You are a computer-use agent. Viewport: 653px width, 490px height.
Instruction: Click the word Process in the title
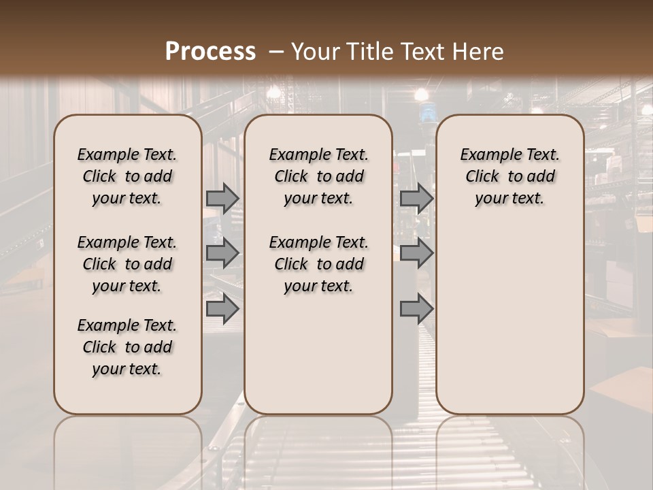pos(210,51)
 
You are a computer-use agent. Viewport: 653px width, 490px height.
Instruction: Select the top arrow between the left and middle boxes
pos(222,198)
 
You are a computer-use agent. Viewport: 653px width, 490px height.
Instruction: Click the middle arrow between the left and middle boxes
pos(222,253)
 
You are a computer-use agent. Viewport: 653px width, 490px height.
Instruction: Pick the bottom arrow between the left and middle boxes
pos(222,309)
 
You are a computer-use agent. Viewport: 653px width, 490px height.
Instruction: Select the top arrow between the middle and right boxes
pos(416,198)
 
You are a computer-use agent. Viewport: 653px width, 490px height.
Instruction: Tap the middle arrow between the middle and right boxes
pos(416,253)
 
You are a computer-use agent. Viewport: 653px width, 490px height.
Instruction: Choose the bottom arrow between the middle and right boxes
pos(416,309)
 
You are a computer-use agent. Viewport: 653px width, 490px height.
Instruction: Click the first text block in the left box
pos(127,176)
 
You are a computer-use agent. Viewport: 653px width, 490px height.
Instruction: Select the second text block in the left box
pos(127,264)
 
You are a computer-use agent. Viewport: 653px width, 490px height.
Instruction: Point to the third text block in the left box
pos(127,347)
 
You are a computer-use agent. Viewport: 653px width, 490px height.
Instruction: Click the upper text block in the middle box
pos(318,176)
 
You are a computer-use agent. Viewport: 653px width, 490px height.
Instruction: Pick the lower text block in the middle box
pos(318,264)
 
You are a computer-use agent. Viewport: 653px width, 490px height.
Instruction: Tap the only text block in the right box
pos(509,176)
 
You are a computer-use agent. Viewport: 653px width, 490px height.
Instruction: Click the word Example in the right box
pos(490,155)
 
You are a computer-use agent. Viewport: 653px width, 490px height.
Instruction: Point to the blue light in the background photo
pos(426,113)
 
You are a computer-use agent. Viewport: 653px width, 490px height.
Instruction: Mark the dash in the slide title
pos(275,51)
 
